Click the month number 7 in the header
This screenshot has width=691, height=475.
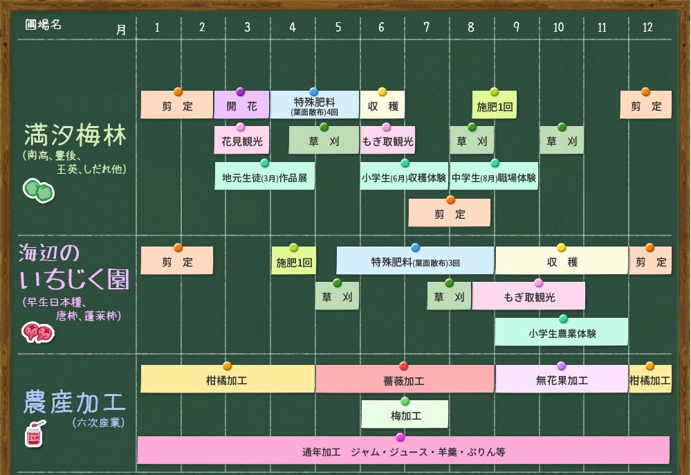[x=426, y=28]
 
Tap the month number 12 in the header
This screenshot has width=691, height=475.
[x=647, y=28]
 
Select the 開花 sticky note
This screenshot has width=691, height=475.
[x=241, y=107]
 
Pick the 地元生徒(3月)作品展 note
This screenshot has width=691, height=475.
[x=264, y=177]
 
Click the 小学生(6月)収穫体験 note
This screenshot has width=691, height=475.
[x=404, y=177]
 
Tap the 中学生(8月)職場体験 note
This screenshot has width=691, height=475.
[x=494, y=177]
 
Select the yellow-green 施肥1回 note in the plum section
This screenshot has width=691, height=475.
[x=494, y=107]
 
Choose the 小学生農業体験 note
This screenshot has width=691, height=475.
[x=562, y=333]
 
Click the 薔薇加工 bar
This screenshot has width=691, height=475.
[x=404, y=381]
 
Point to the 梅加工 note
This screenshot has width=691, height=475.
[x=405, y=415]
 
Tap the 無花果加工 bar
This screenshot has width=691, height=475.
[x=561, y=380]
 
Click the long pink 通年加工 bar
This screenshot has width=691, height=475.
[x=403, y=452]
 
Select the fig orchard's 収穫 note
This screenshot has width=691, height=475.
[x=561, y=262]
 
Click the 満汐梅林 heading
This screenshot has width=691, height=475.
[x=75, y=136]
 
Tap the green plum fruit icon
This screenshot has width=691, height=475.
[x=39, y=190]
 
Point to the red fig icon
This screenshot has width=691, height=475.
[x=38, y=333]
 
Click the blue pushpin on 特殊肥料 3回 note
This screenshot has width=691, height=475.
[x=415, y=247]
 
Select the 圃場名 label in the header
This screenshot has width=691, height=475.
[x=44, y=25]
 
